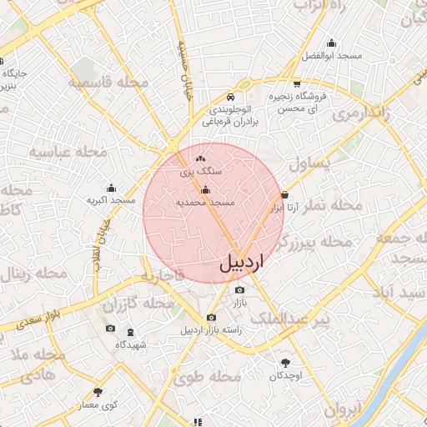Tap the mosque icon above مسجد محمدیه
tap(206, 190)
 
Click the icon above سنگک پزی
tap(199, 158)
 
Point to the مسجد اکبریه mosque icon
tap(111, 188)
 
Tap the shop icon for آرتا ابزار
tap(285, 194)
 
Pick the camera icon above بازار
tap(239, 289)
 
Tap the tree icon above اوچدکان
tap(286, 363)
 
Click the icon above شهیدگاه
tap(131, 332)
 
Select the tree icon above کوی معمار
tap(98, 392)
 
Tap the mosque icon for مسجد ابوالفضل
tap(331, 43)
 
